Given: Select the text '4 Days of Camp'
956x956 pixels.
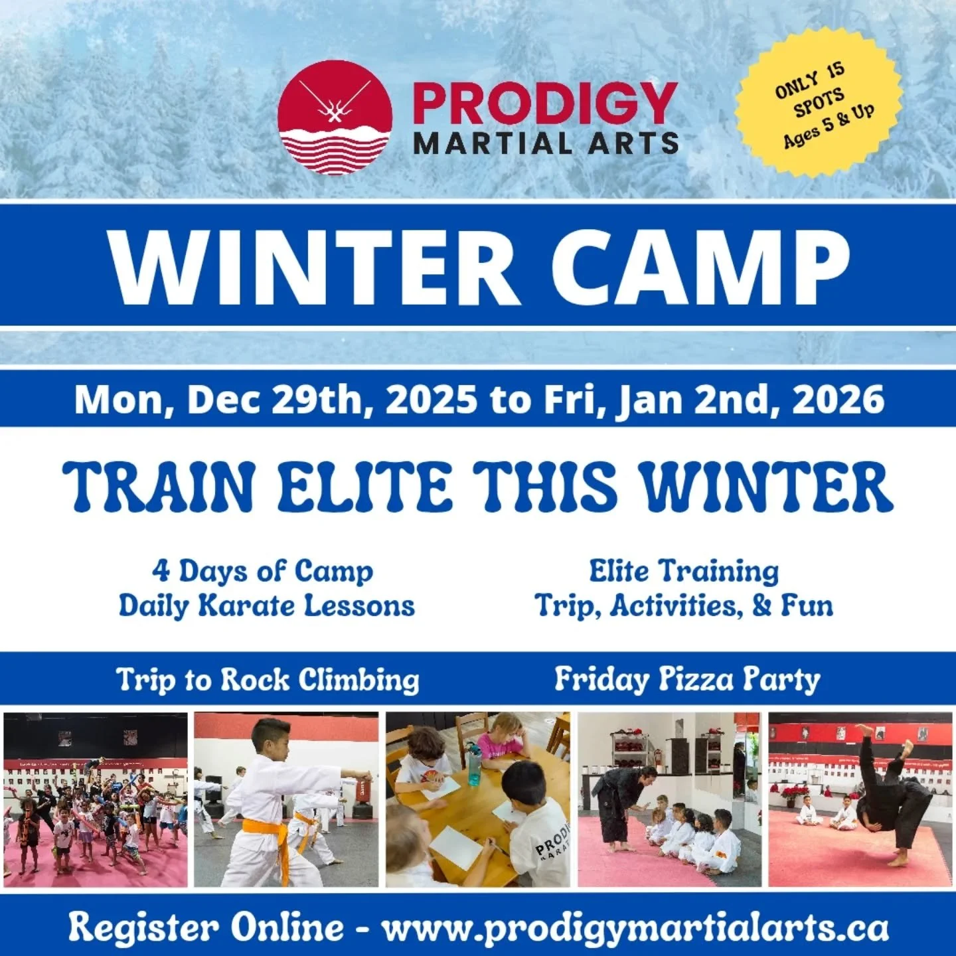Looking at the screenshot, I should [x=262, y=571].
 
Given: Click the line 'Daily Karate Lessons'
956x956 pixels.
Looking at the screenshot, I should [x=266, y=606].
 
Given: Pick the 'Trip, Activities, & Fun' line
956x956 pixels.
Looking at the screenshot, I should [x=684, y=606].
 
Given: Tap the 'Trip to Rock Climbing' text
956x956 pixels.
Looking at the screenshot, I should [x=268, y=680].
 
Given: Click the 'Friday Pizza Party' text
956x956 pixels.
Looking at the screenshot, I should [x=687, y=680].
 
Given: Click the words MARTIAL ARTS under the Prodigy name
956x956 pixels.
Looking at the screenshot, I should [x=546, y=143].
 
